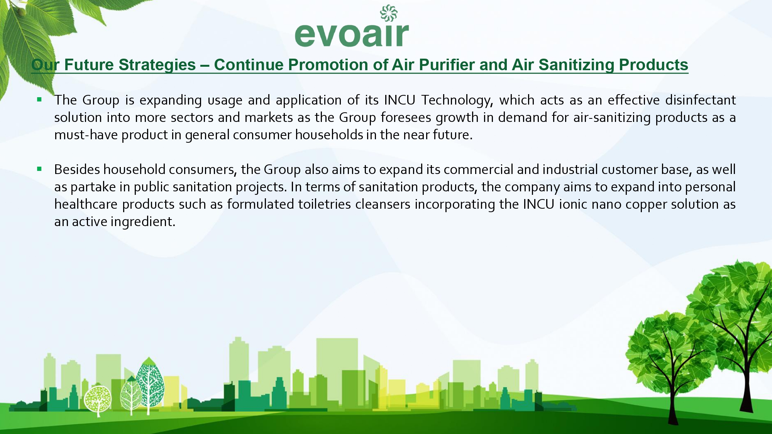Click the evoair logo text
tap(352, 35)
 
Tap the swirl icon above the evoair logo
tap(389, 13)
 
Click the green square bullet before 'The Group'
tap(39, 100)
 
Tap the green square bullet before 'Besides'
tap(39, 169)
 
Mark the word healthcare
tap(86, 204)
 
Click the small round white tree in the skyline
tap(98, 400)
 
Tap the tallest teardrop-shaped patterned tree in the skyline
tap(150, 384)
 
